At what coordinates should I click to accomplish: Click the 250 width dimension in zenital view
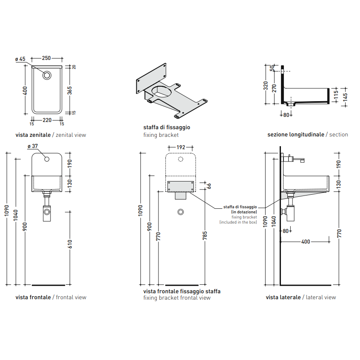click(46, 58)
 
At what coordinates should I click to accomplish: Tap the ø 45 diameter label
click(20, 59)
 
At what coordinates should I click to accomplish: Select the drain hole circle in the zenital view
click(47, 75)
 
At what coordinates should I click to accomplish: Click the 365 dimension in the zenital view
click(70, 91)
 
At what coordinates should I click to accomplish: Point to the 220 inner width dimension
click(47, 120)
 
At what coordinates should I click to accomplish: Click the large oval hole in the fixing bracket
click(162, 91)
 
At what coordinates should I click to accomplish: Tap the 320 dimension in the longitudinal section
click(266, 85)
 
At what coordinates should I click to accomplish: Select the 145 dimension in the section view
click(345, 97)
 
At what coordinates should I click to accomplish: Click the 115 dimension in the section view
click(336, 94)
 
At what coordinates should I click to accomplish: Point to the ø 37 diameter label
click(33, 146)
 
